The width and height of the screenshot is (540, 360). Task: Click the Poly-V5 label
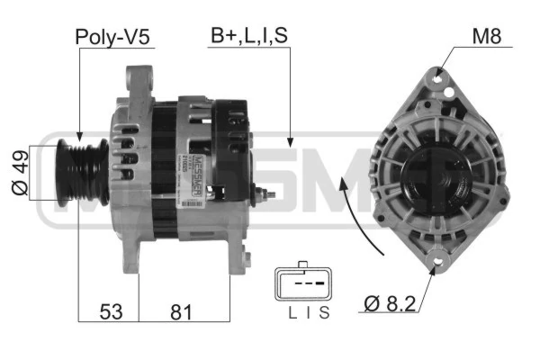point(112,37)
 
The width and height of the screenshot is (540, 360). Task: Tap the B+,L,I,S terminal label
point(249,35)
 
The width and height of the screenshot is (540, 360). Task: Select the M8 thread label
point(487,35)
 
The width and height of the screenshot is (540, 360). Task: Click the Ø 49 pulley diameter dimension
point(20,173)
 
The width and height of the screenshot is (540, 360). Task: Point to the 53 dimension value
point(111,311)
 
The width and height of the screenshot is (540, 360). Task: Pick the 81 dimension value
point(181,312)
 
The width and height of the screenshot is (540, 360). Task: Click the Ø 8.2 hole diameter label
point(390,303)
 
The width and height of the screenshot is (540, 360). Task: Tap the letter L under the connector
point(292,313)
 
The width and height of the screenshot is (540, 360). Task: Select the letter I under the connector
point(308,313)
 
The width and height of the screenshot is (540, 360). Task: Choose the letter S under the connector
point(324,313)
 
